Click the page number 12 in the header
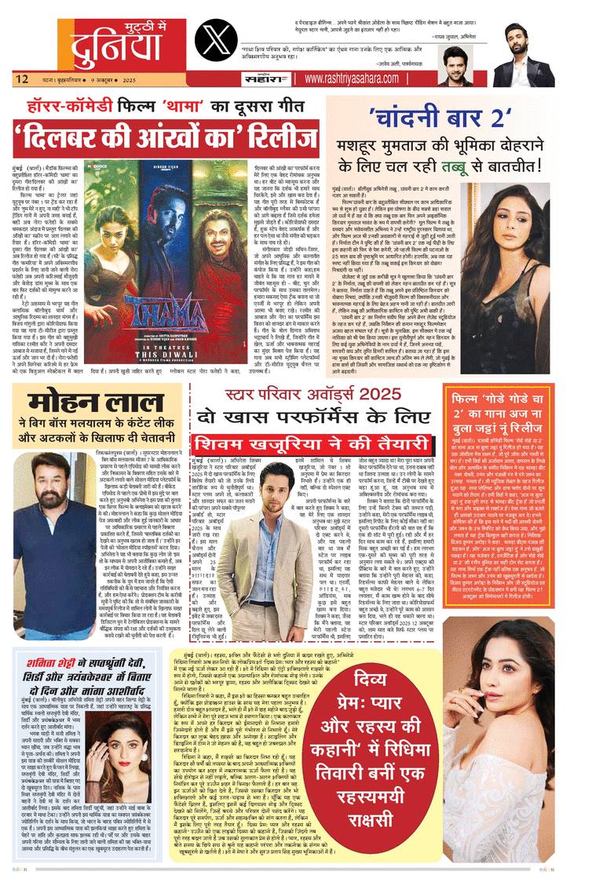pos(20,78)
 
